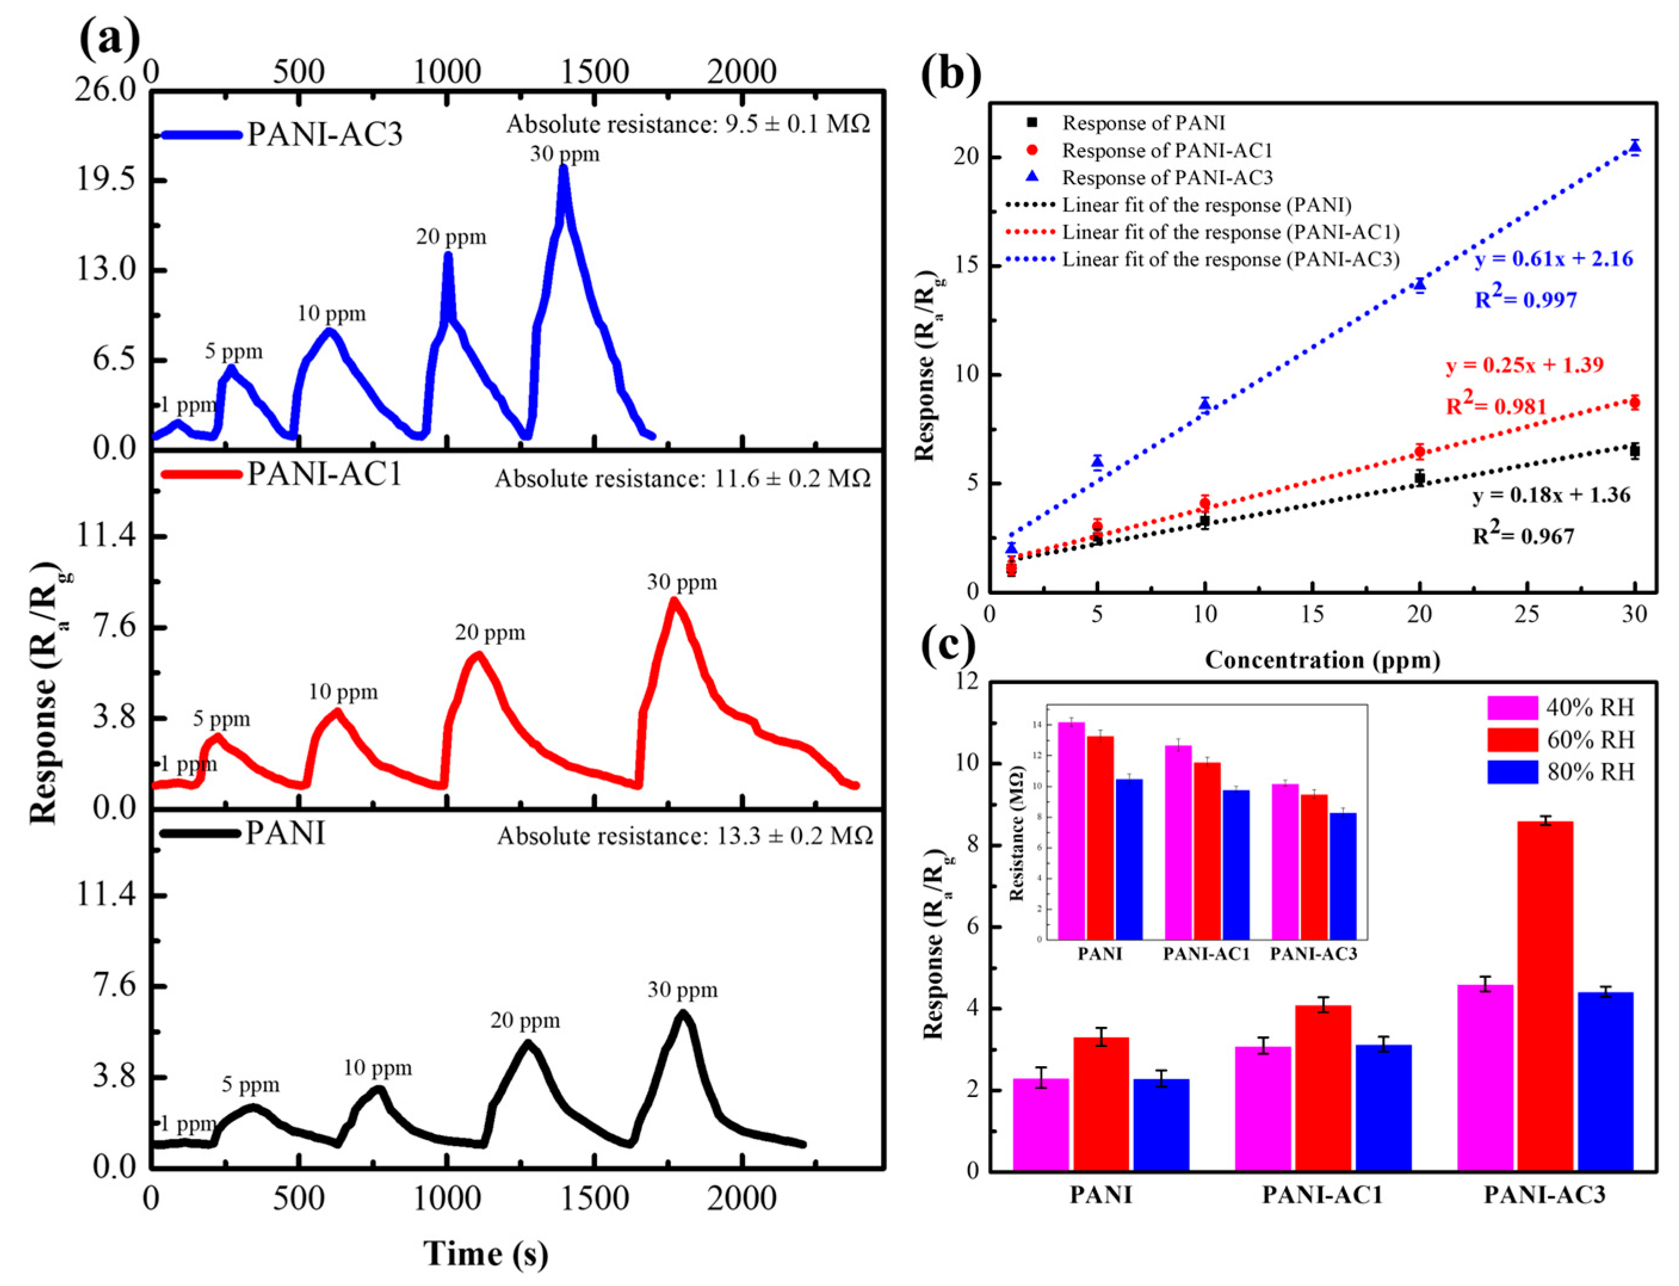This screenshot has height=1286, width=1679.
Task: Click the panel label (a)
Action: (110, 38)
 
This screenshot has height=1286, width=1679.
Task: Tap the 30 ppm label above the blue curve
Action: (564, 154)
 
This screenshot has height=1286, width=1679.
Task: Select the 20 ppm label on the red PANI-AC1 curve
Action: (490, 632)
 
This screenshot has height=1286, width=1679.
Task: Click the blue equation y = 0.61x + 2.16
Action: (1553, 259)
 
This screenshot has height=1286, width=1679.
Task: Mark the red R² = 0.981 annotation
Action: (1496, 406)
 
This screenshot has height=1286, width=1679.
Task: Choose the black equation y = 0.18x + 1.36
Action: (1551, 495)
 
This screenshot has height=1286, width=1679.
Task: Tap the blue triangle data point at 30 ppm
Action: (1635, 148)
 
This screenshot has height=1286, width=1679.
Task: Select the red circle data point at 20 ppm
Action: (1420, 452)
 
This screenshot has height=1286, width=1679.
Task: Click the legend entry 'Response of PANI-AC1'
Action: (1167, 150)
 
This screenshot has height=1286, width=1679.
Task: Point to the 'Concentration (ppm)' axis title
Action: (1322, 659)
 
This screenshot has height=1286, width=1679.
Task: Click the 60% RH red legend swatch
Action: (1512, 740)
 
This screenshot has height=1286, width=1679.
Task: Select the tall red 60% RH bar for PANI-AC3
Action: (1544, 995)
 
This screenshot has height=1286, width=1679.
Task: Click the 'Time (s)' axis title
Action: (486, 1253)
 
